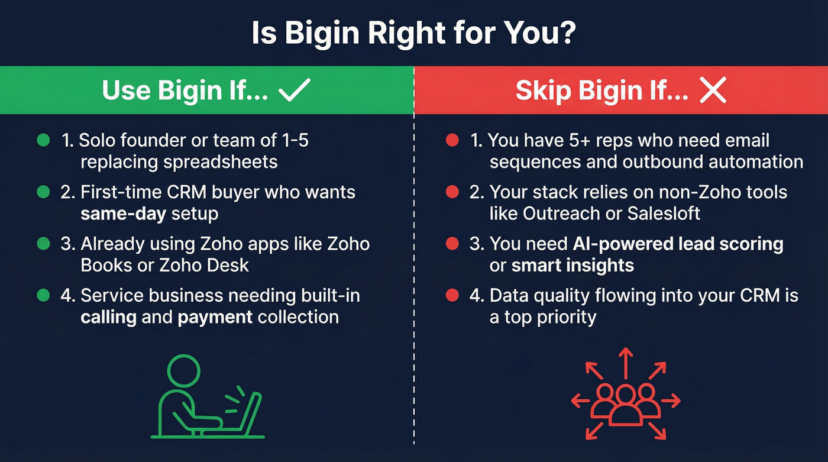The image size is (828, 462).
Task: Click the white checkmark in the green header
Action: tap(294, 91)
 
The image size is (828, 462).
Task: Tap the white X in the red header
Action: tap(712, 91)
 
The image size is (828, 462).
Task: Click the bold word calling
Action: tap(108, 316)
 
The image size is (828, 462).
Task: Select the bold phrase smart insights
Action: tap(573, 265)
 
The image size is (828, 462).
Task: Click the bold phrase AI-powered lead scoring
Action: tap(678, 244)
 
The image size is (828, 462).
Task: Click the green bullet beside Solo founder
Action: tap(43, 140)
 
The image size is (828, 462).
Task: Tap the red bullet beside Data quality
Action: tap(452, 295)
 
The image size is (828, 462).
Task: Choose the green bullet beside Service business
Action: tap(43, 295)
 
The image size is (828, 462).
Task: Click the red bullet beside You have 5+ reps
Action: tap(452, 141)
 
